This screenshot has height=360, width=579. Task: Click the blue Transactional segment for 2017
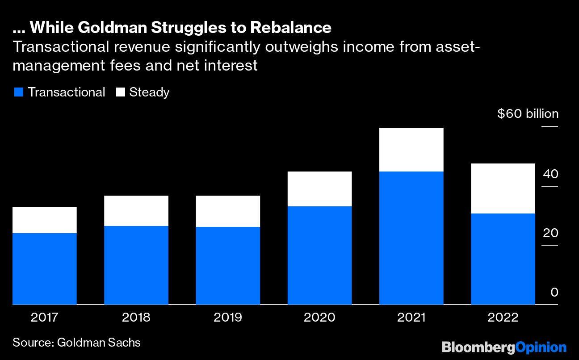pos(45,268)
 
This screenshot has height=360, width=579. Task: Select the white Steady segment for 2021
pos(411,150)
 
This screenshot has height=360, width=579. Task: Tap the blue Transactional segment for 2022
pos(503,259)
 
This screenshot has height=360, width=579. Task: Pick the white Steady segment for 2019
pos(228,211)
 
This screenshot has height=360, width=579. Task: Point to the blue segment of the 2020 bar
pos(319,255)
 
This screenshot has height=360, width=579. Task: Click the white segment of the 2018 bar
pos(136,211)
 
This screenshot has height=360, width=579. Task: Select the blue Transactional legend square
pos(18,92)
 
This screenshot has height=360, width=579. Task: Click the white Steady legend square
pos(120,92)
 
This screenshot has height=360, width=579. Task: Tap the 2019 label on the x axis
pos(228,318)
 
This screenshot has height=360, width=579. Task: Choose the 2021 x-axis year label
pos(411,318)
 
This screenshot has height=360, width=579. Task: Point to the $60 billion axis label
pos(528,114)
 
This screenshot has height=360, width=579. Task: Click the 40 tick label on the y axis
pos(550,174)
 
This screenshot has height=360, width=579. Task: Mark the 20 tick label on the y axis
pos(550,233)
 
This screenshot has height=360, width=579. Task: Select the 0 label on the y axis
pos(554,293)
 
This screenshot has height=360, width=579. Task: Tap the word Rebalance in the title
pos(290,28)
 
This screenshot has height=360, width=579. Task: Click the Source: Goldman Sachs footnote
pos(76,343)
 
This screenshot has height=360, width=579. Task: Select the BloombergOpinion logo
pos(504,347)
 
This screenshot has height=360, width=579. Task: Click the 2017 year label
pos(45,318)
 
